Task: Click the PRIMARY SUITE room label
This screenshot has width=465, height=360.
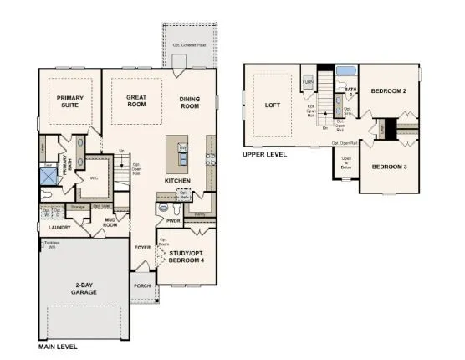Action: tap(70, 102)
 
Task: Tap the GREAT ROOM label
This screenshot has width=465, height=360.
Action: tap(136, 102)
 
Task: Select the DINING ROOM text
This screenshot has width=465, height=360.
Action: tap(190, 102)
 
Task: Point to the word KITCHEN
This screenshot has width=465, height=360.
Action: tap(178, 181)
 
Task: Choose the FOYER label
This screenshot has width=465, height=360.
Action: tap(143, 248)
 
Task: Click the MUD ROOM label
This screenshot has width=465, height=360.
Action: tap(110, 223)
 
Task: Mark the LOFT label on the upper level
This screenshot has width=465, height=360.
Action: tap(272, 105)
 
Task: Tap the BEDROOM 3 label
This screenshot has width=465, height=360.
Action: tap(389, 167)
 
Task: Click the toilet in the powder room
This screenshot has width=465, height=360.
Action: tap(163, 207)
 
